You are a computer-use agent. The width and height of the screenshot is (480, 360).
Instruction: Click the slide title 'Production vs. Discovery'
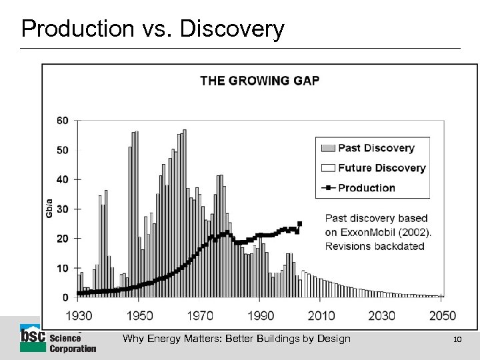point(153,29)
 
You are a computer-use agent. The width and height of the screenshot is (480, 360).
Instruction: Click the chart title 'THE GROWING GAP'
point(260,81)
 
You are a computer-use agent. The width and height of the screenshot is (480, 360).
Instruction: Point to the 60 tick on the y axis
point(63,121)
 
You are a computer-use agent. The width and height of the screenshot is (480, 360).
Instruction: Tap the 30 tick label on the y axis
point(63,209)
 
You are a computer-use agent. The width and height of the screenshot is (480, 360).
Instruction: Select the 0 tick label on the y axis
point(65,297)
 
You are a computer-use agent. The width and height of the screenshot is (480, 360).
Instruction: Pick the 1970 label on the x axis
point(199,315)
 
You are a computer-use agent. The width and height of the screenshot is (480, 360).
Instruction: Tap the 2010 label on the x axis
point(321,315)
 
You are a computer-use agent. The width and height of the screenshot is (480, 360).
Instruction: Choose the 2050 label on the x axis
point(443,315)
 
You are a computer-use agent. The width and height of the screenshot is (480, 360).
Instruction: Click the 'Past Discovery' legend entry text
point(376,148)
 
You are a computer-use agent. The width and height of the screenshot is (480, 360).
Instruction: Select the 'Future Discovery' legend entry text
point(381,168)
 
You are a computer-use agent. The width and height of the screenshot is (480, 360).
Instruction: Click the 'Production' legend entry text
point(366,187)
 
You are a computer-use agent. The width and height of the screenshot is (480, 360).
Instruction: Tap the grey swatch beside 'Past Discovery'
point(328,148)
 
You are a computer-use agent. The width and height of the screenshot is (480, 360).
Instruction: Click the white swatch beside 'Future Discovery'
point(328,168)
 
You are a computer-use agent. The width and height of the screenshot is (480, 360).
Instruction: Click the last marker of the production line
point(299,223)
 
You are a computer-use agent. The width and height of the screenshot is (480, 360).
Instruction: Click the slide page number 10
point(457,339)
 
